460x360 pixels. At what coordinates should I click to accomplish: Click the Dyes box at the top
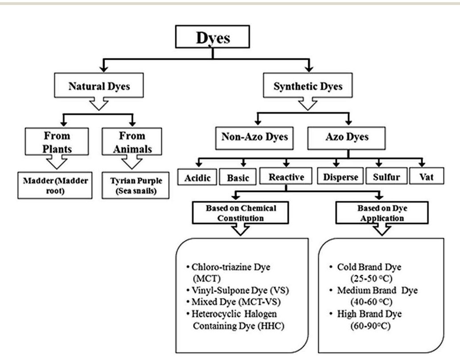tap(213, 38)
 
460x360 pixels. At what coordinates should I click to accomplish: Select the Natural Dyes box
tap(99, 86)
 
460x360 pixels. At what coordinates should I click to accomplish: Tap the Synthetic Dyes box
tap(308, 86)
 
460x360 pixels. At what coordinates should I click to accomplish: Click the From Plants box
tap(57, 142)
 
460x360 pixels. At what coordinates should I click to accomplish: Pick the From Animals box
tap(132, 142)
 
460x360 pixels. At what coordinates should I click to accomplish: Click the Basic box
tap(238, 177)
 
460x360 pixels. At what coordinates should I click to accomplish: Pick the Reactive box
tap(286, 177)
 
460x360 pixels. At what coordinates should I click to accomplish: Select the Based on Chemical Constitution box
tap(241, 213)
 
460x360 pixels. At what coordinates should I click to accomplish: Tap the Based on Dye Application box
tap(380, 213)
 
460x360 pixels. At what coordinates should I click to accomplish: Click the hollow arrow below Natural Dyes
tap(99, 104)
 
